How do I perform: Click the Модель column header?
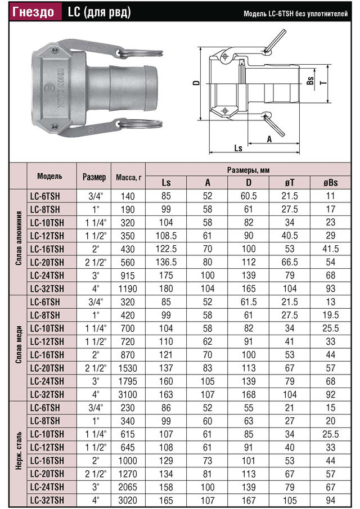click(50, 176)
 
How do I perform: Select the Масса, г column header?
click(129, 177)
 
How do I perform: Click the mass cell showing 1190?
click(129, 289)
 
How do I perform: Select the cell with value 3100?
click(129, 394)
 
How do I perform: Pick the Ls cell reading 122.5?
click(166, 249)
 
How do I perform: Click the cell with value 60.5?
click(249, 196)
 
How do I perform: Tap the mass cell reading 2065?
click(129, 487)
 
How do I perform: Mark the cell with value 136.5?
click(166, 262)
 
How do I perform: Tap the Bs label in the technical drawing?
click(310, 82)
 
